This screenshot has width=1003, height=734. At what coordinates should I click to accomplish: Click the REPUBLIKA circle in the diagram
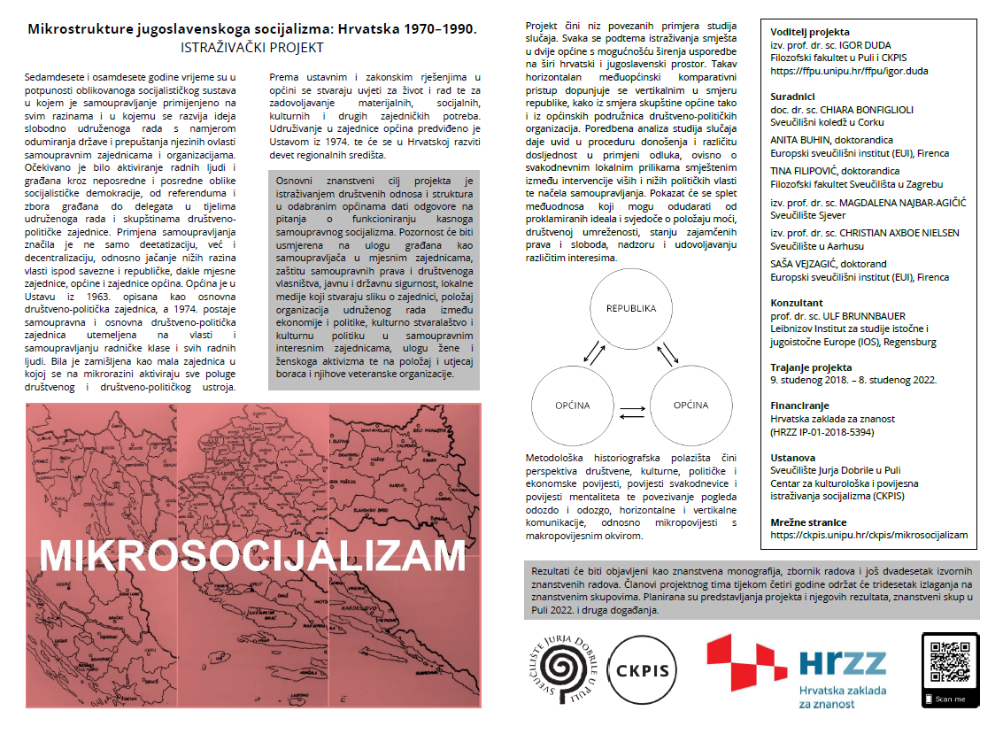[x=630, y=309]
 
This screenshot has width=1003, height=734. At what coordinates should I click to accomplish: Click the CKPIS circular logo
[x=644, y=671]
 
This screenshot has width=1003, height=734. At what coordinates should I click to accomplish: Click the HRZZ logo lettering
[x=842, y=663]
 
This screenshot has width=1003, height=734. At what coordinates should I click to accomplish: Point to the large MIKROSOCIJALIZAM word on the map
[x=252, y=554]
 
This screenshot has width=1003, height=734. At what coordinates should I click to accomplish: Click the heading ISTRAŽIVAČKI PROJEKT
[x=252, y=47]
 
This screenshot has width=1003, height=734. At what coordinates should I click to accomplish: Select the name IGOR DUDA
[x=868, y=45]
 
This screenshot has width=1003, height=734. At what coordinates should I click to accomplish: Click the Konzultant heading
[x=797, y=303]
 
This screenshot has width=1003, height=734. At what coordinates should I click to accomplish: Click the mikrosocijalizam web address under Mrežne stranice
[x=868, y=534]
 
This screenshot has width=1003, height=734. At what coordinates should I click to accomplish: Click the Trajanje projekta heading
[x=811, y=367]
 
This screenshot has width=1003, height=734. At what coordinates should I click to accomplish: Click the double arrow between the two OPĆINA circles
[x=630, y=412]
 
